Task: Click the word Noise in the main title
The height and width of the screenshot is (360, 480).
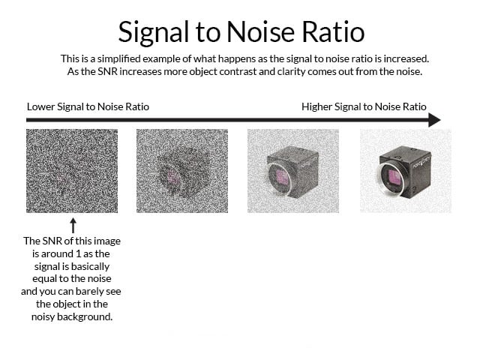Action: coord(260,31)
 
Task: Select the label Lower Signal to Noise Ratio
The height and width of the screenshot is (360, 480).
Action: coord(88,106)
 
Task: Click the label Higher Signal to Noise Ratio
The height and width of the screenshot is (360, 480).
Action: coord(364,106)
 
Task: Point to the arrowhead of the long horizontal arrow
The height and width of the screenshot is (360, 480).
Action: coord(434,120)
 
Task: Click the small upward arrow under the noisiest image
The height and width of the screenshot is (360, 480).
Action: coord(73,225)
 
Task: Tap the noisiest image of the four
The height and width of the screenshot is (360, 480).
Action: coord(72,171)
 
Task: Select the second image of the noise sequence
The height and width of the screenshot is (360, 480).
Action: coord(182,171)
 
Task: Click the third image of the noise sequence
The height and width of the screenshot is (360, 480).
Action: coord(293,171)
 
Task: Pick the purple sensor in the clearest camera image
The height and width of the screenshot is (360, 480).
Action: coord(394,177)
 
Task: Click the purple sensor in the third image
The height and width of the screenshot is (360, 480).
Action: coord(282,177)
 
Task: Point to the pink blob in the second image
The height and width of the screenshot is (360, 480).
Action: coord(172,177)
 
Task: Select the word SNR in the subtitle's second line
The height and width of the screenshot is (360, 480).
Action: coord(108,72)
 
